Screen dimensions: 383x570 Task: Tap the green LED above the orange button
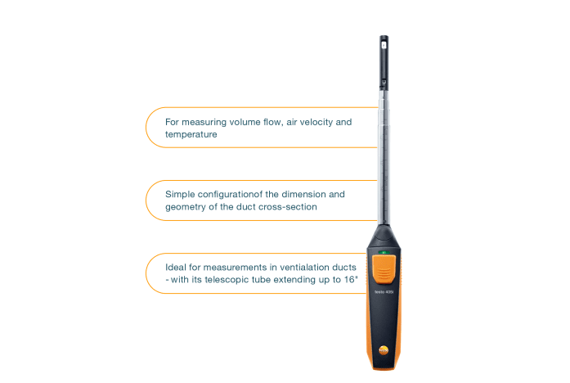[382, 250]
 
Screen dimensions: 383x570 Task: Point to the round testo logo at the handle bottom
[383, 349]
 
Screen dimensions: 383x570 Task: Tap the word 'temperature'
[191, 134]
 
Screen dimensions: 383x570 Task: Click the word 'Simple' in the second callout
[181, 195]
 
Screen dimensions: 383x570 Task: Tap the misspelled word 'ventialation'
[304, 268]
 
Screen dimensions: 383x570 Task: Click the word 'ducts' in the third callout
[346, 268]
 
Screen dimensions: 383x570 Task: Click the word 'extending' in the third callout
[297, 280]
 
